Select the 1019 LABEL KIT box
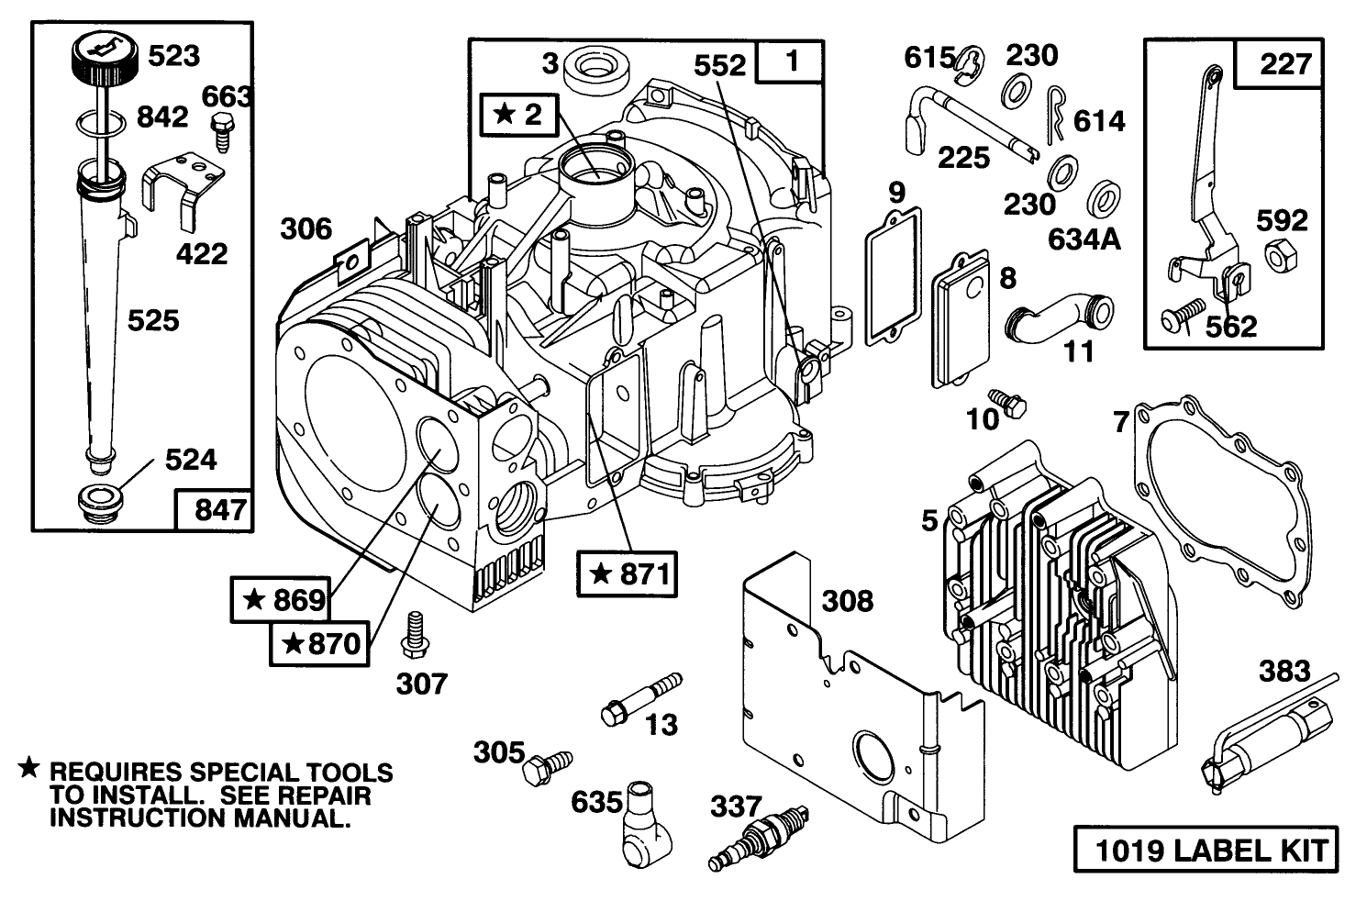(x=1206, y=851)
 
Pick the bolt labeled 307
(x=414, y=634)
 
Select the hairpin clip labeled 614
(x=1055, y=118)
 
